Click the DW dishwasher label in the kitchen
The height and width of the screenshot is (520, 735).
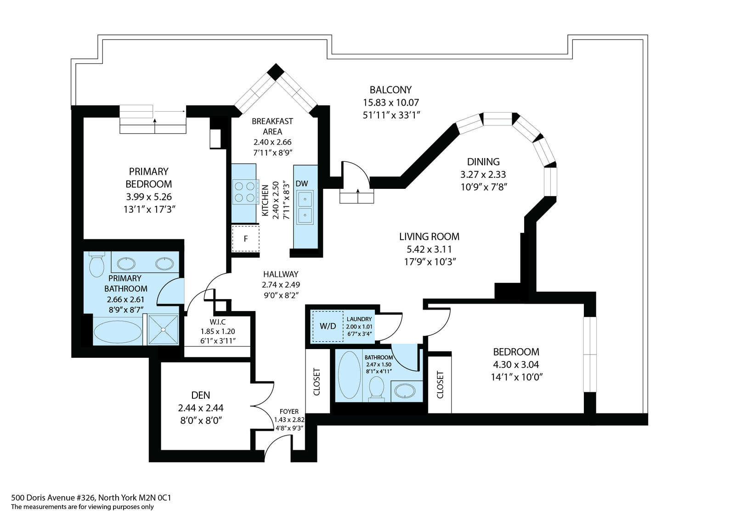pyautogui.click(x=302, y=184)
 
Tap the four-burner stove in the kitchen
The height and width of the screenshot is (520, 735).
pyautogui.click(x=244, y=192)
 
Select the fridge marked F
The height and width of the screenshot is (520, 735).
pyautogui.click(x=245, y=239)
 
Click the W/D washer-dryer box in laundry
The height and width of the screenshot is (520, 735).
pyautogui.click(x=328, y=326)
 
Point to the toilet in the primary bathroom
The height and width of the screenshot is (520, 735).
pyautogui.click(x=96, y=266)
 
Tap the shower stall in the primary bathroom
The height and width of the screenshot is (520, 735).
pyautogui.click(x=163, y=329)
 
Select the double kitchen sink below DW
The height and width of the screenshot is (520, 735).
pyautogui.click(x=305, y=207)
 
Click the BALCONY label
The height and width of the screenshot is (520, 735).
pyautogui.click(x=390, y=90)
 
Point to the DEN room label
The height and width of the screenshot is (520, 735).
pyautogui.click(x=201, y=395)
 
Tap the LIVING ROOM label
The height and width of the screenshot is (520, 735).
pyautogui.click(x=429, y=237)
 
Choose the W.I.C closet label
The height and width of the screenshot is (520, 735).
pyautogui.click(x=218, y=322)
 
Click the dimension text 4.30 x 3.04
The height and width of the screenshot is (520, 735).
pyautogui.click(x=516, y=365)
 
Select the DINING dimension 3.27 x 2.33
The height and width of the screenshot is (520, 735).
pyautogui.click(x=483, y=175)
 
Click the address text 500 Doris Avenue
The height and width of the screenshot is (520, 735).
pyautogui.click(x=91, y=497)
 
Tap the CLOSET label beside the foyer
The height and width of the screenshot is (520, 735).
pyautogui.click(x=317, y=382)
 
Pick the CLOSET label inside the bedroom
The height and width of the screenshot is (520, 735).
pyautogui.click(x=440, y=384)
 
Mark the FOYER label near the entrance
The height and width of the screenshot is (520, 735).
pyautogui.click(x=289, y=412)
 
